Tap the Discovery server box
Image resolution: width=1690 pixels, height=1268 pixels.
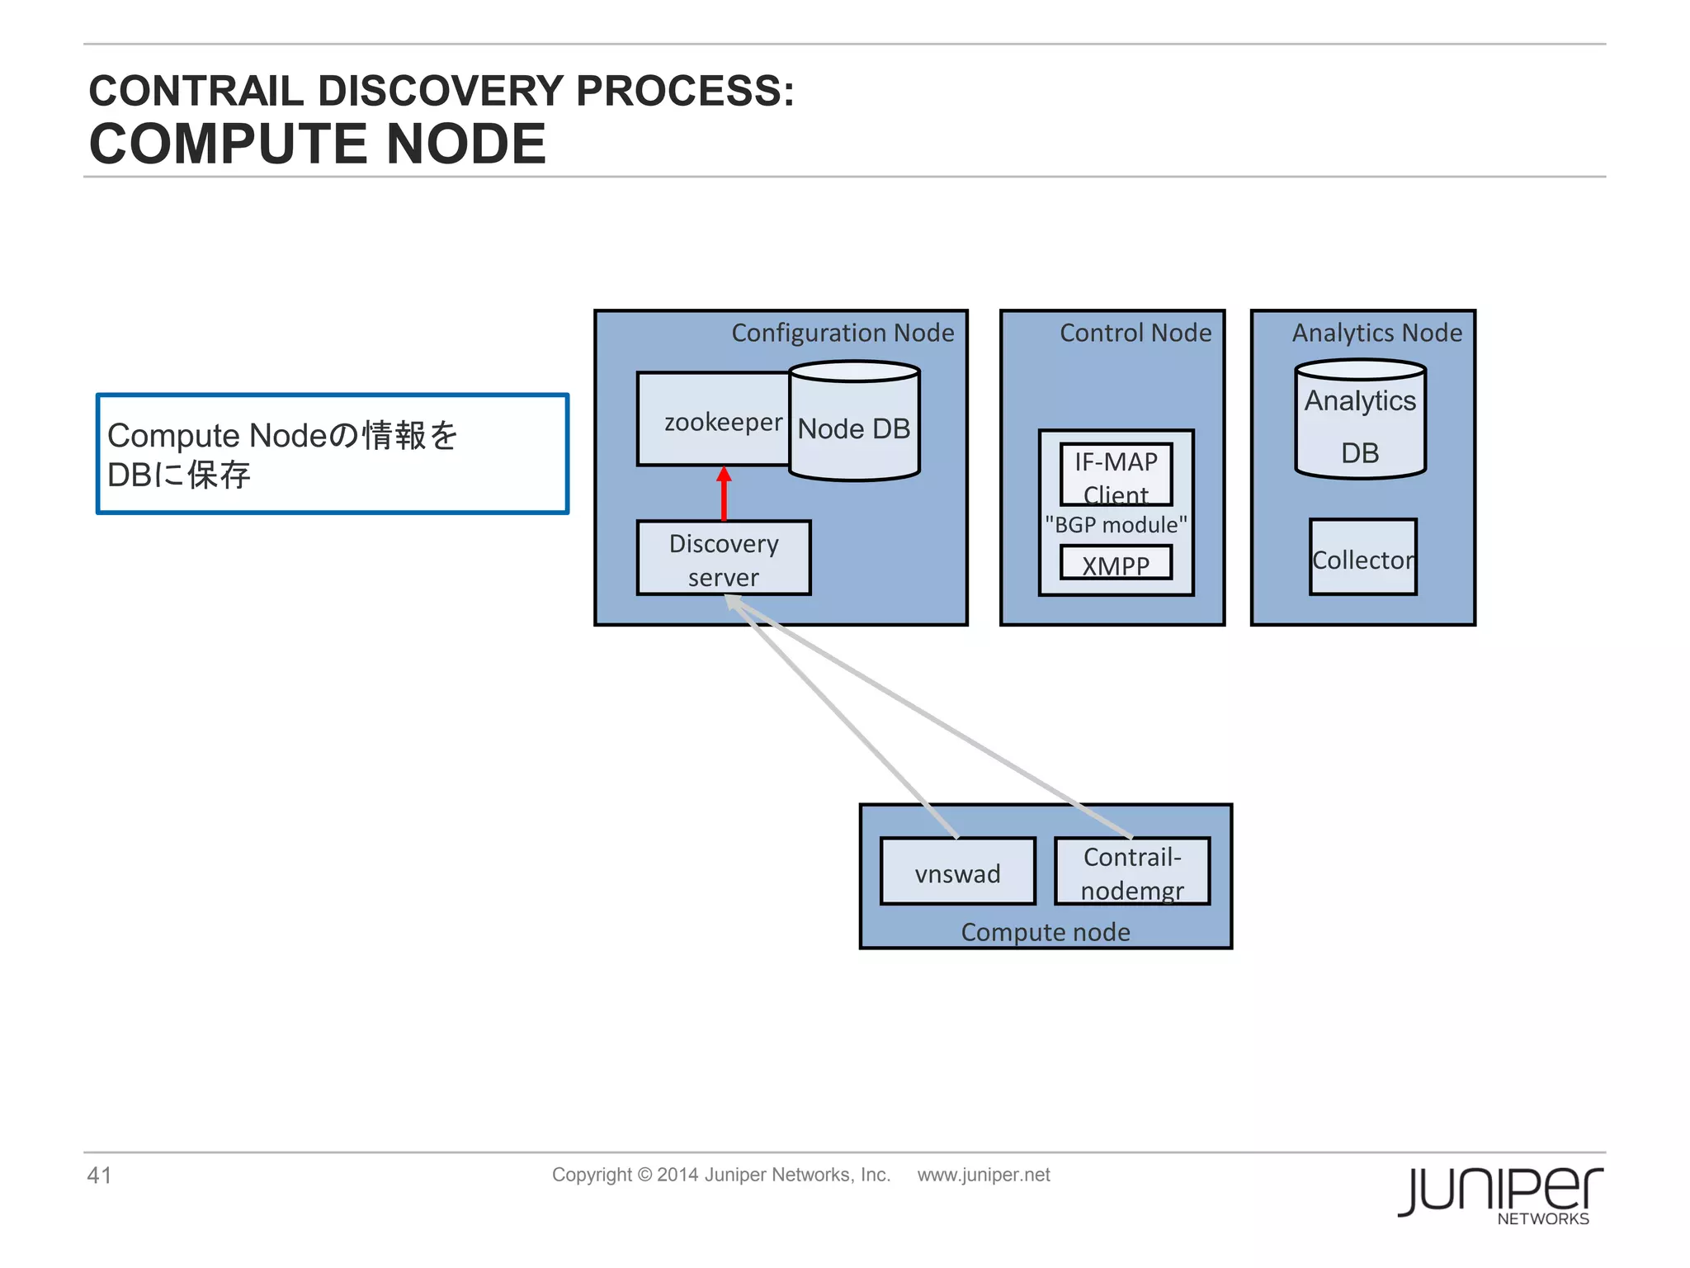(x=724, y=559)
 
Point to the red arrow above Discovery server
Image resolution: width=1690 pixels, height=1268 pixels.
(x=724, y=494)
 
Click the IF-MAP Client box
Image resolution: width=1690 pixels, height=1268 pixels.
(x=1116, y=475)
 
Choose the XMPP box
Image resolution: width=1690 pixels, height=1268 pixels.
(x=1116, y=564)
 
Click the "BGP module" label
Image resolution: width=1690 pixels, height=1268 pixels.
(x=1116, y=525)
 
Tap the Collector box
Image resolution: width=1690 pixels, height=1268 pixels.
(x=1362, y=558)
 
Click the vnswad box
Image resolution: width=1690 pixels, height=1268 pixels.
(x=957, y=873)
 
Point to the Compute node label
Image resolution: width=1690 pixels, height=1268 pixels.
(x=1046, y=932)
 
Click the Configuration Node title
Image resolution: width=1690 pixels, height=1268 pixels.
(x=843, y=333)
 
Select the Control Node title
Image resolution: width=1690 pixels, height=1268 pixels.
(x=1135, y=333)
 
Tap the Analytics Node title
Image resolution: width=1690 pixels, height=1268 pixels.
(x=1376, y=333)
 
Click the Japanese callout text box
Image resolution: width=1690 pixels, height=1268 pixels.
(x=333, y=454)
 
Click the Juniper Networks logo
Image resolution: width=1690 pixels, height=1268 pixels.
(x=1500, y=1194)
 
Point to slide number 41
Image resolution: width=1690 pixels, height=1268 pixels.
(x=99, y=1176)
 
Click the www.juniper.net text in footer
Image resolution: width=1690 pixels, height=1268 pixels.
(x=984, y=1175)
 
